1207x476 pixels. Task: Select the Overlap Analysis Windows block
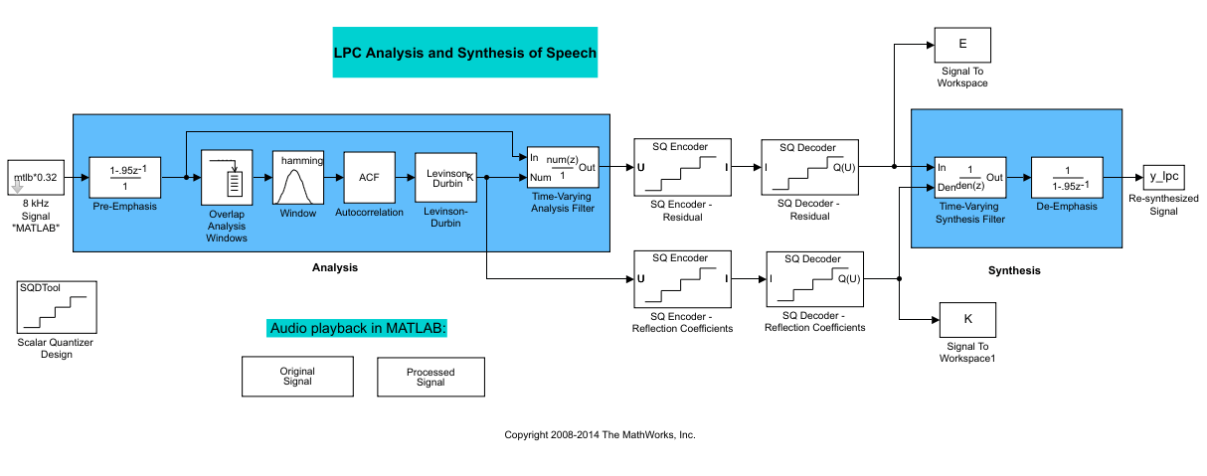click(x=230, y=178)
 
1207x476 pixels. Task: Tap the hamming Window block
click(x=298, y=178)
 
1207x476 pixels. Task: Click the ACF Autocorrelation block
click(x=370, y=178)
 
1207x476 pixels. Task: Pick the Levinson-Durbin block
click(x=445, y=178)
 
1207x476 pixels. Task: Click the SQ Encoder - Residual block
click(x=682, y=167)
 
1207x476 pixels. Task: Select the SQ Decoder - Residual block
click(x=808, y=167)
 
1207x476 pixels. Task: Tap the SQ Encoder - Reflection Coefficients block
click(x=682, y=278)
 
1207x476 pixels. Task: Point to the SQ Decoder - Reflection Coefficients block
click(x=814, y=278)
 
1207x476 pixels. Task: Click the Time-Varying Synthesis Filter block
click(x=969, y=178)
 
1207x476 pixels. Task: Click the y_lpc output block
click(x=1162, y=178)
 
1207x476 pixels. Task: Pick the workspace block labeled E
click(x=961, y=46)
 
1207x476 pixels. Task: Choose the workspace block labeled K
click(x=967, y=319)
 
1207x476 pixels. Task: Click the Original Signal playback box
click(x=296, y=376)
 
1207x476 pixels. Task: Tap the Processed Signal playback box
click(x=431, y=377)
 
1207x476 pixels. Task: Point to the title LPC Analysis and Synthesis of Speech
click(x=465, y=53)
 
